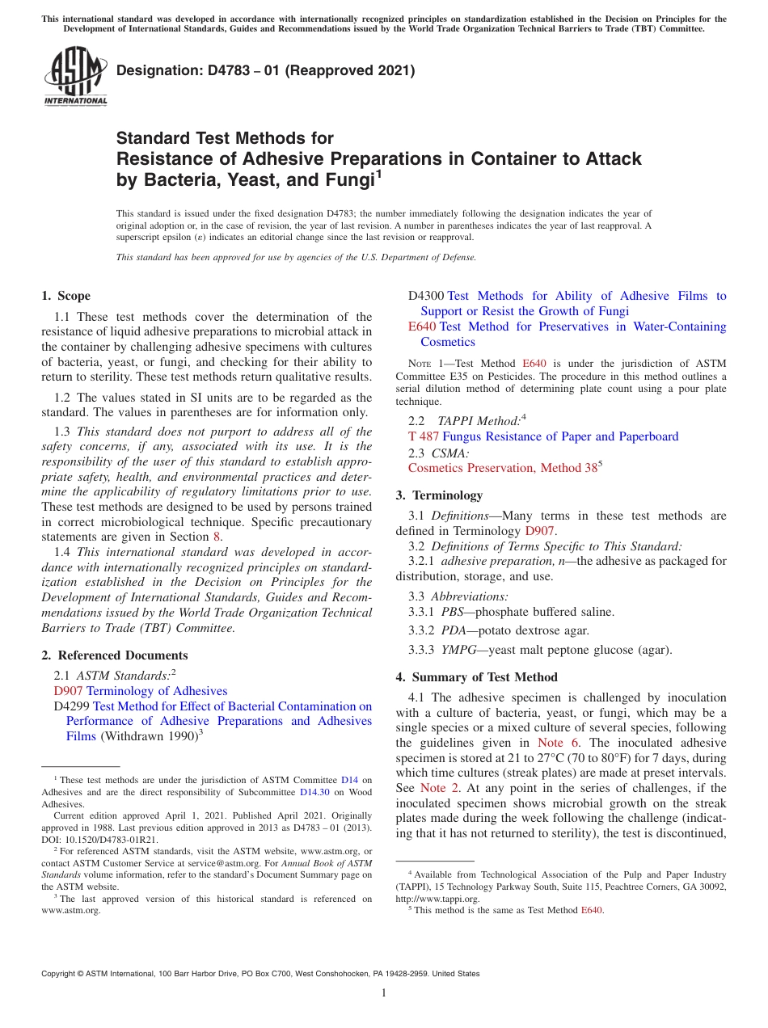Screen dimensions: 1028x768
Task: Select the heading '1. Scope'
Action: pos(65,296)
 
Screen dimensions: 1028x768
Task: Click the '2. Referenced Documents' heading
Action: pos(114,655)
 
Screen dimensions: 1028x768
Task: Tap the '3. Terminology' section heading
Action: pos(439,495)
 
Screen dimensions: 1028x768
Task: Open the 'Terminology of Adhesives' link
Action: pos(157,691)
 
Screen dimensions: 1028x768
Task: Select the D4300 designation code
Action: pos(425,296)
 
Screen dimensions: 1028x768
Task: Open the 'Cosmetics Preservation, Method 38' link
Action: pos(502,468)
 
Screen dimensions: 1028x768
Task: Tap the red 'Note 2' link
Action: pos(433,788)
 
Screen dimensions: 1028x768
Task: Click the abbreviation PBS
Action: pos(452,612)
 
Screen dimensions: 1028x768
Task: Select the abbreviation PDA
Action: pos(453,630)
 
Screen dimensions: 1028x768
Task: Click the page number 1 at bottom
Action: pos(384,993)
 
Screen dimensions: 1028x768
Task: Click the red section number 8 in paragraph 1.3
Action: pos(216,537)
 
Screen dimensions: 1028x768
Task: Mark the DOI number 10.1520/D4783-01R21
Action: pos(112,840)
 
